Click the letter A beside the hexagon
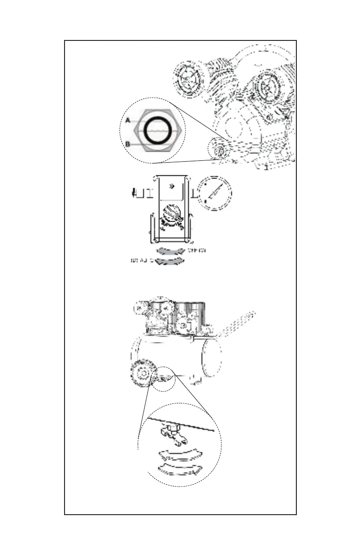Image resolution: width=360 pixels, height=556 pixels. click(128, 120)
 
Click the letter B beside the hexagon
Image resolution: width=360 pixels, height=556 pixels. click(128, 144)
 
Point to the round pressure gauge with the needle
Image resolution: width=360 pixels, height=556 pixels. click(215, 194)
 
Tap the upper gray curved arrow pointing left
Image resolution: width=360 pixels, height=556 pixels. click(170, 251)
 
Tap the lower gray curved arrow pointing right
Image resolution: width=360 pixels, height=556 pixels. click(169, 261)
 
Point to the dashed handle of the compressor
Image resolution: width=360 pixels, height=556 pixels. click(236, 323)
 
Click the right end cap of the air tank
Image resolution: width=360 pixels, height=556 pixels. click(212, 357)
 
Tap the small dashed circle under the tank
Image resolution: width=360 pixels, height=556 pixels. click(164, 379)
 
